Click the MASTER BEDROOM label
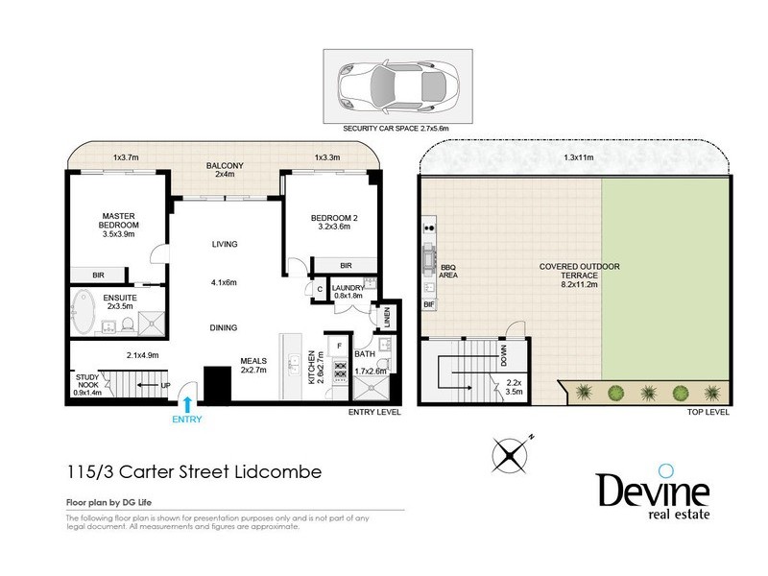click(121, 224)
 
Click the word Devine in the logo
click(653, 491)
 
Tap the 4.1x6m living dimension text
click(224, 283)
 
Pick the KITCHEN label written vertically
click(310, 366)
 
